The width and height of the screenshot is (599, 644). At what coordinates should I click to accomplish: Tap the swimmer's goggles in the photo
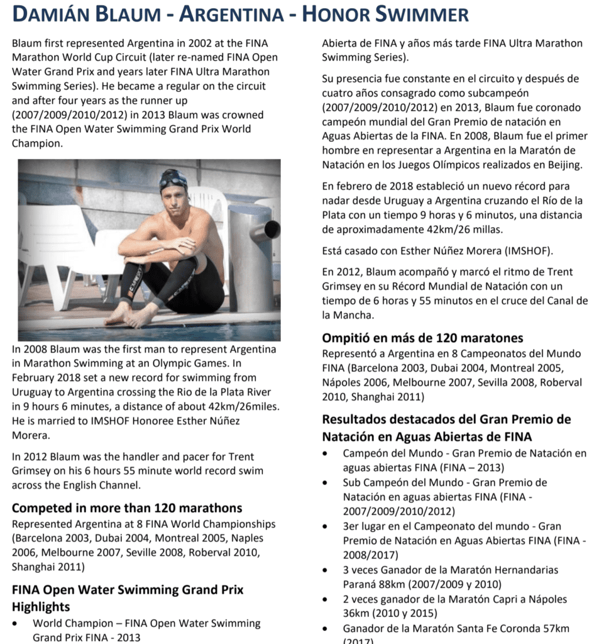point(173,182)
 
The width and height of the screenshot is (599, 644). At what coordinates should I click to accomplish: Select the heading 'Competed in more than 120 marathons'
point(127,508)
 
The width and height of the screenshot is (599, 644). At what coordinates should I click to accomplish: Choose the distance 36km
point(358,613)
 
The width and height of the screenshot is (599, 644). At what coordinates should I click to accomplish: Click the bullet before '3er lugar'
point(324,526)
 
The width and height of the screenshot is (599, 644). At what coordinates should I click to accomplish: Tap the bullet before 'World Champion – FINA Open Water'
point(14,623)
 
